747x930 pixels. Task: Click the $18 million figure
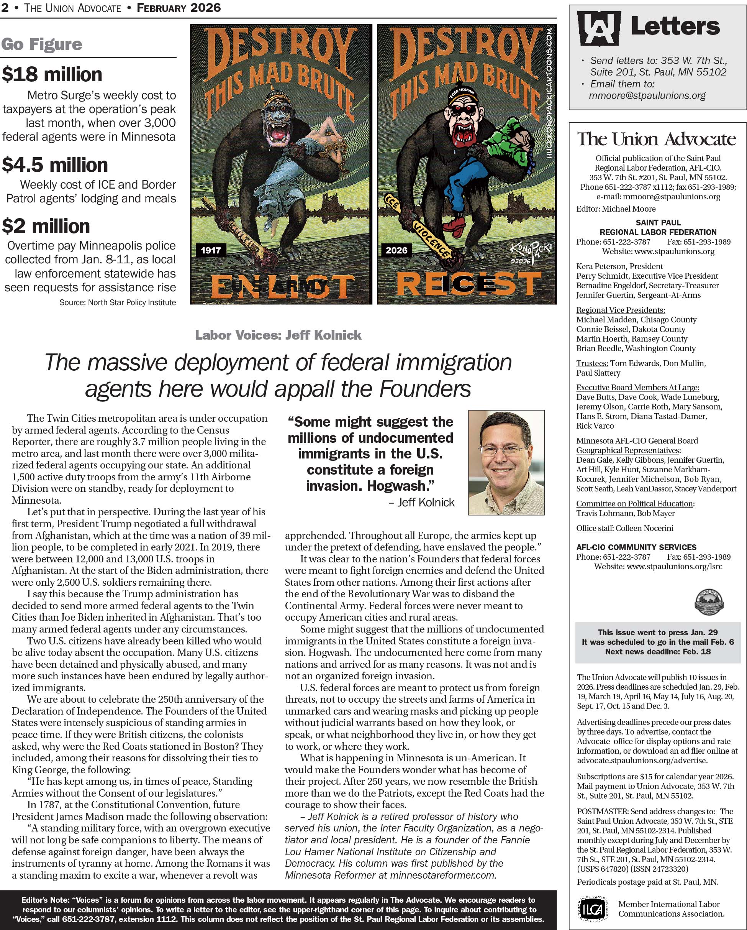tap(52, 75)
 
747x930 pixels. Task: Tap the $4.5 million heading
tap(55, 165)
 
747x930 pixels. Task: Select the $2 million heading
tap(46, 227)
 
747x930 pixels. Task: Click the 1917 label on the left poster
tap(211, 250)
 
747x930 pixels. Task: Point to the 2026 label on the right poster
tap(396, 250)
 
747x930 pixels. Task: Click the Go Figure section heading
tap(41, 44)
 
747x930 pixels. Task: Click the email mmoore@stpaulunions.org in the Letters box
tap(647, 96)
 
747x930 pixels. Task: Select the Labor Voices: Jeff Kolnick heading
tap(278, 335)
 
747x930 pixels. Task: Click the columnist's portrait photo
tap(506, 462)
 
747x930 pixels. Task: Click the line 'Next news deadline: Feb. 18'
tap(658, 651)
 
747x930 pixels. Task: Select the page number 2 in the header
tap(5, 8)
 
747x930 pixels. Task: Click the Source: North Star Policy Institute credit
tap(118, 303)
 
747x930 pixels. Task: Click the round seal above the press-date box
tap(709, 602)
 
